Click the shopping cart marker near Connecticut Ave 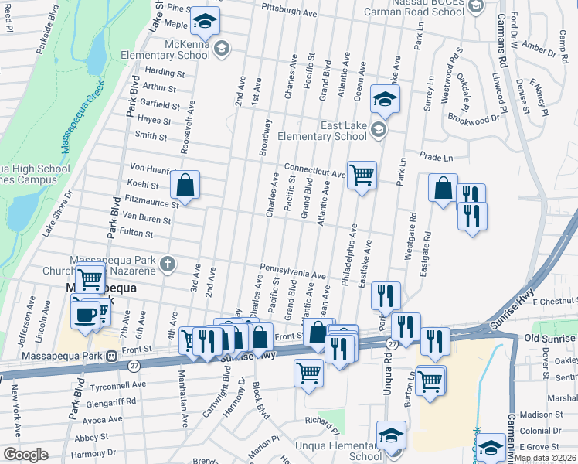[x=362, y=175]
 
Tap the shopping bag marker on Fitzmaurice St [x=185, y=184]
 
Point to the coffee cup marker [x=86, y=314]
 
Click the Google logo [x=25, y=455]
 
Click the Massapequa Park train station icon [x=112, y=356]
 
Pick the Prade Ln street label [x=435, y=157]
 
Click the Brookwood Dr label [x=474, y=120]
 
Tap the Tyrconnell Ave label [x=118, y=384]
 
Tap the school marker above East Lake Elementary [x=385, y=99]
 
